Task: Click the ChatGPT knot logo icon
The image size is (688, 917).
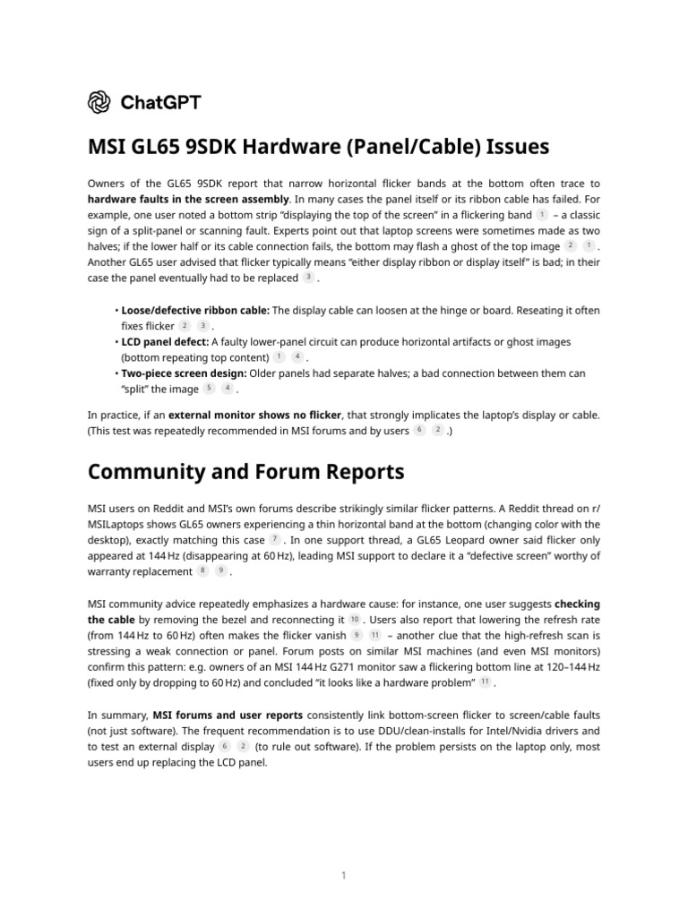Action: (x=99, y=102)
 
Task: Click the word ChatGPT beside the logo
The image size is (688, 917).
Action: (x=160, y=102)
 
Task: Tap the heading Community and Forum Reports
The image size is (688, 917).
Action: (x=245, y=471)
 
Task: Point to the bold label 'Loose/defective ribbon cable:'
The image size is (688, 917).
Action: (x=195, y=310)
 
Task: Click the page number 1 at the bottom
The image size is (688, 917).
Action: (x=344, y=850)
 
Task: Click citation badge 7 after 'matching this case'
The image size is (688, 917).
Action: (x=275, y=540)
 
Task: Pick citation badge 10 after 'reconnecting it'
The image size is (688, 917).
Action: (x=354, y=619)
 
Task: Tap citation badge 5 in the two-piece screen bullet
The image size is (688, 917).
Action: (x=209, y=389)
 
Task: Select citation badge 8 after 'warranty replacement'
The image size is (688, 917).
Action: (x=202, y=571)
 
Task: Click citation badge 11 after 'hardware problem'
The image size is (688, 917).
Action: (x=485, y=682)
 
